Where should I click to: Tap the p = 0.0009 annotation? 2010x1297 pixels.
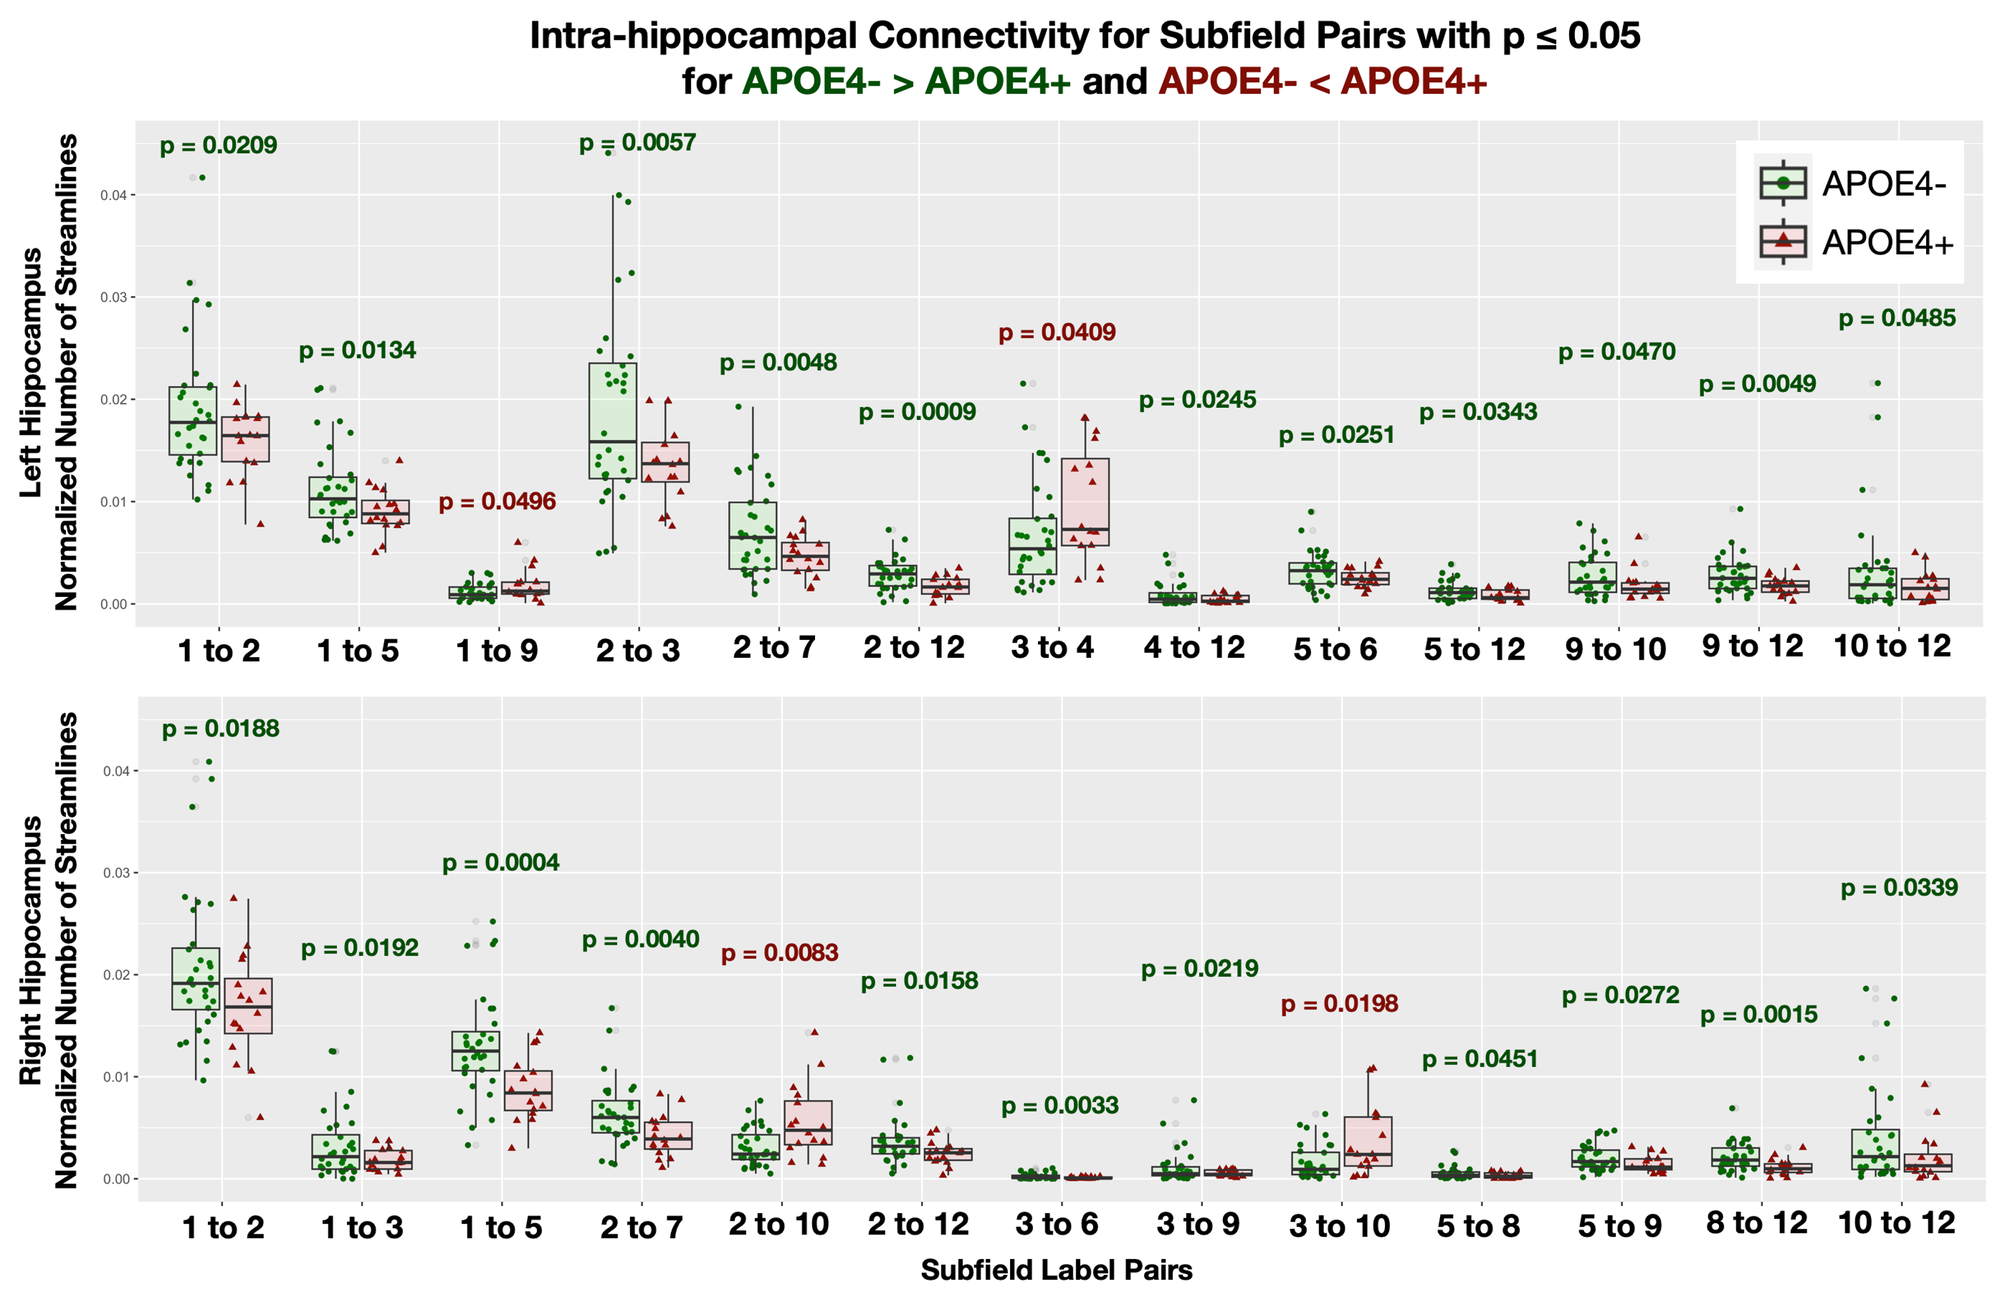point(917,413)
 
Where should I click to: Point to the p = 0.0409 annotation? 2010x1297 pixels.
point(1057,333)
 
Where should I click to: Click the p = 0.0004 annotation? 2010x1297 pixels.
point(500,863)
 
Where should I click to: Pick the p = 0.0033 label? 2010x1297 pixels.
point(1060,1106)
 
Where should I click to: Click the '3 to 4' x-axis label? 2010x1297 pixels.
point(1052,647)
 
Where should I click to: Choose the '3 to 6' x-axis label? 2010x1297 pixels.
point(1057,1224)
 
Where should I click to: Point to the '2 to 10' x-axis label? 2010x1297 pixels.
point(778,1224)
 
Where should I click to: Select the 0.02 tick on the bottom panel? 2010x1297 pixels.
point(116,976)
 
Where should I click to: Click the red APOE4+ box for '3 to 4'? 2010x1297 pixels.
point(1085,502)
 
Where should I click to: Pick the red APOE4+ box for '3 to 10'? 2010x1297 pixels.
point(1368,1141)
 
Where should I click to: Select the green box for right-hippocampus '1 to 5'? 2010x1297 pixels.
point(476,1051)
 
